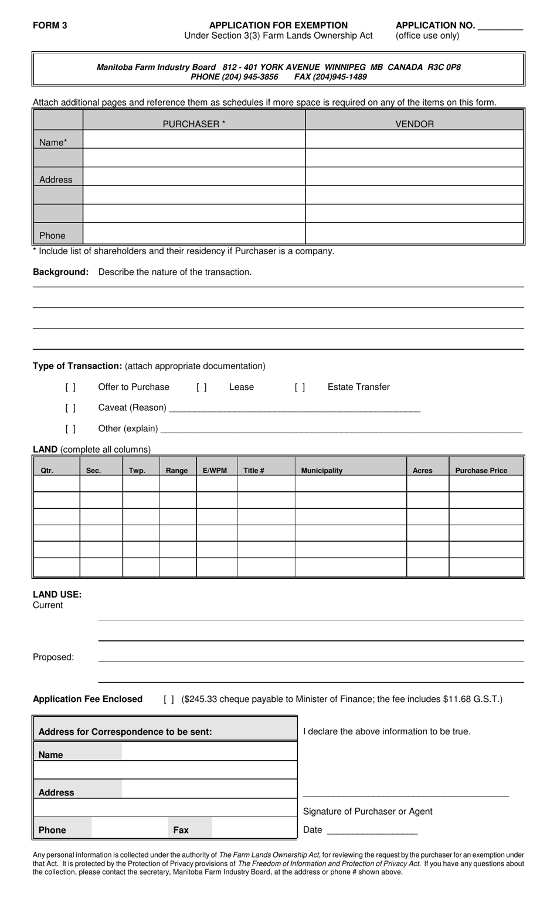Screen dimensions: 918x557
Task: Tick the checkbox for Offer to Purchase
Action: (70, 387)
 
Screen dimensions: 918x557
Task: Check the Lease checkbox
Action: (202, 387)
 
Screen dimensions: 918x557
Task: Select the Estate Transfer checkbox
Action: (300, 387)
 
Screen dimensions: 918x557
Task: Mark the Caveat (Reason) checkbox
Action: (70, 408)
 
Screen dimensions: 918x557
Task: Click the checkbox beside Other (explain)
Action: (70, 429)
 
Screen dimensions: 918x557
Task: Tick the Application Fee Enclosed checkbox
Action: (169, 699)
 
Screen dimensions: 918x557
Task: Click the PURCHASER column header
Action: (194, 124)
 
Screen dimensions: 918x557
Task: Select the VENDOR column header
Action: (415, 124)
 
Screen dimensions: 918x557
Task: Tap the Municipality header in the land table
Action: (322, 470)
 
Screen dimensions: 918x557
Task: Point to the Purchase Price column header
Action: (481, 470)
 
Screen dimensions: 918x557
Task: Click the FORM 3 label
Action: (50, 25)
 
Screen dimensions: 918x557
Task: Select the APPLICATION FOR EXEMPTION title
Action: (278, 25)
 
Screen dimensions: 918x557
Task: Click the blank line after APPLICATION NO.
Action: (500, 27)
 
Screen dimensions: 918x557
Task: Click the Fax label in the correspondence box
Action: (181, 830)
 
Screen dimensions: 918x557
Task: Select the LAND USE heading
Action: (57, 594)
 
